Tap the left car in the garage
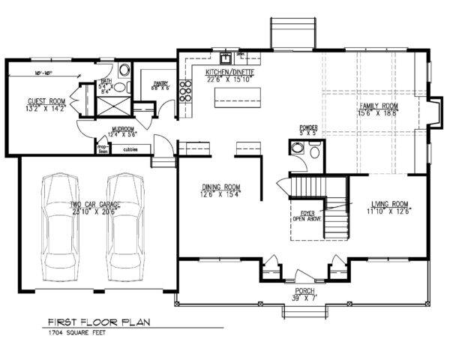point(60,225)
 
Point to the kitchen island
point(238,97)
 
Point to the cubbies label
point(119,148)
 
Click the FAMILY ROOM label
point(376,107)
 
